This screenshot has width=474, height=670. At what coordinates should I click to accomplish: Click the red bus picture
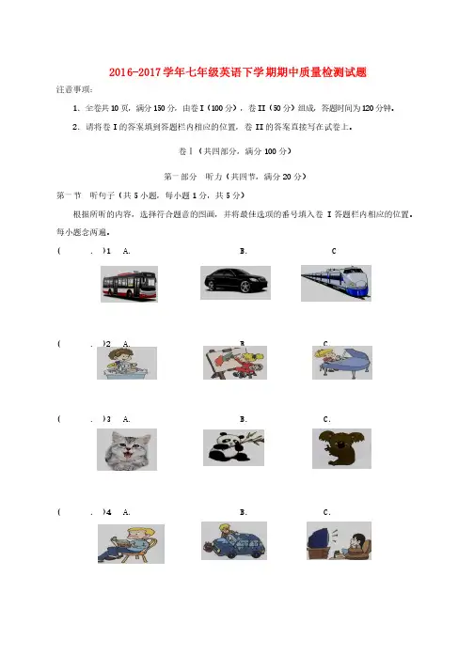129,284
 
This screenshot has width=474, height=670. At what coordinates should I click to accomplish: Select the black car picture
235,283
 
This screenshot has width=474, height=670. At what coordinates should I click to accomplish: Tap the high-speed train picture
336,283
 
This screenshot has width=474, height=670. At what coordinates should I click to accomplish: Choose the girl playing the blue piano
342,363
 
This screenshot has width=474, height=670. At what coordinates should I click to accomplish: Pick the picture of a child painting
235,363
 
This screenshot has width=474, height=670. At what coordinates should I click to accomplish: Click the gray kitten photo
127,449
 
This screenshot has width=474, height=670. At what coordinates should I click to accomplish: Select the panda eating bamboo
233,447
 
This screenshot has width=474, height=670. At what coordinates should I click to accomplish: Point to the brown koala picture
341,448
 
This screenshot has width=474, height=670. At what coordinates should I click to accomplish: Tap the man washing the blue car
234,540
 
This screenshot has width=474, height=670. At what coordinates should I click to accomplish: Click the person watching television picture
339,540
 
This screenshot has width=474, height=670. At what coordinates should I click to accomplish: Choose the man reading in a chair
131,544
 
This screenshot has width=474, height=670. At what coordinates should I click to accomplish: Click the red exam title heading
237,72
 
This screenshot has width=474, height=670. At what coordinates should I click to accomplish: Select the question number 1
109,251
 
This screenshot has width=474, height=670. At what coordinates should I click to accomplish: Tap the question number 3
109,419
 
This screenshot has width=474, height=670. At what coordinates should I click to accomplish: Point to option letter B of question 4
243,512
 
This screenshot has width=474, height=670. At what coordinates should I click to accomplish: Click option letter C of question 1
334,251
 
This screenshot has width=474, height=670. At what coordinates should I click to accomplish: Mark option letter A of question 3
126,419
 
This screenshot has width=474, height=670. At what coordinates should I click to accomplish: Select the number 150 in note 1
159,108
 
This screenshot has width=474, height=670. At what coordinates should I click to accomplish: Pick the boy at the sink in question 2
127,364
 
